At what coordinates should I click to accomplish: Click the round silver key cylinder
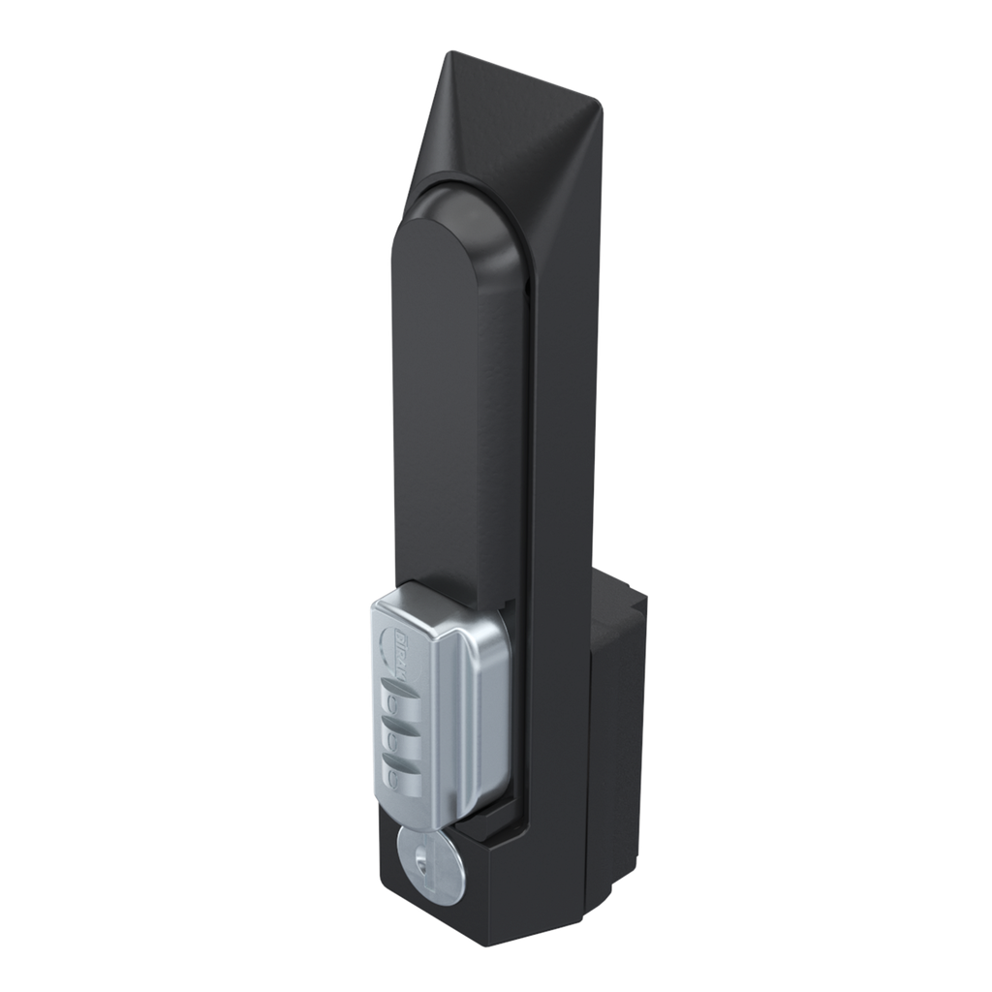coord(429,870)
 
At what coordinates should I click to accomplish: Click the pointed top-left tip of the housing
coord(449,56)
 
